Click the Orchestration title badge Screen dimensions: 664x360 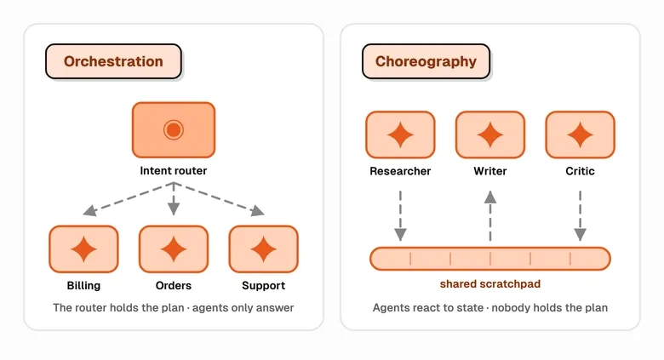click(113, 61)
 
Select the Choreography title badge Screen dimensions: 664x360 click(426, 61)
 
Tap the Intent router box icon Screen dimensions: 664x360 click(174, 129)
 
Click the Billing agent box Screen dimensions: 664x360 click(83, 249)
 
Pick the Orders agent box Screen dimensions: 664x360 click(174, 249)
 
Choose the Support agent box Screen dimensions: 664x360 click(263, 249)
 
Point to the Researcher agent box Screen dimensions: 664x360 click(401, 134)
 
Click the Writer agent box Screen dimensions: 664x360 click(490, 134)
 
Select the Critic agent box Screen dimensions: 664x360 click(581, 134)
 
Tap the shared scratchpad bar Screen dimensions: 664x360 click(490, 259)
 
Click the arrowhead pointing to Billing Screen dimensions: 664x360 click(89, 210)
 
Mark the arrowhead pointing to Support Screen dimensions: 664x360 click(257, 210)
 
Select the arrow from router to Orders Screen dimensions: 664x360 click(174, 199)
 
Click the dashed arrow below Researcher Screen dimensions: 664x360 click(401, 216)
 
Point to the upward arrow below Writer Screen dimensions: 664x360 click(490, 216)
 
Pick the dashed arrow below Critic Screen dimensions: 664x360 click(581, 216)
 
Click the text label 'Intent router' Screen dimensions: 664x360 click(174, 171)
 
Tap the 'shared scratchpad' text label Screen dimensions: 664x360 click(490, 283)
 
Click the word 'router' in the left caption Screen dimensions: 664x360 click(91, 307)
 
